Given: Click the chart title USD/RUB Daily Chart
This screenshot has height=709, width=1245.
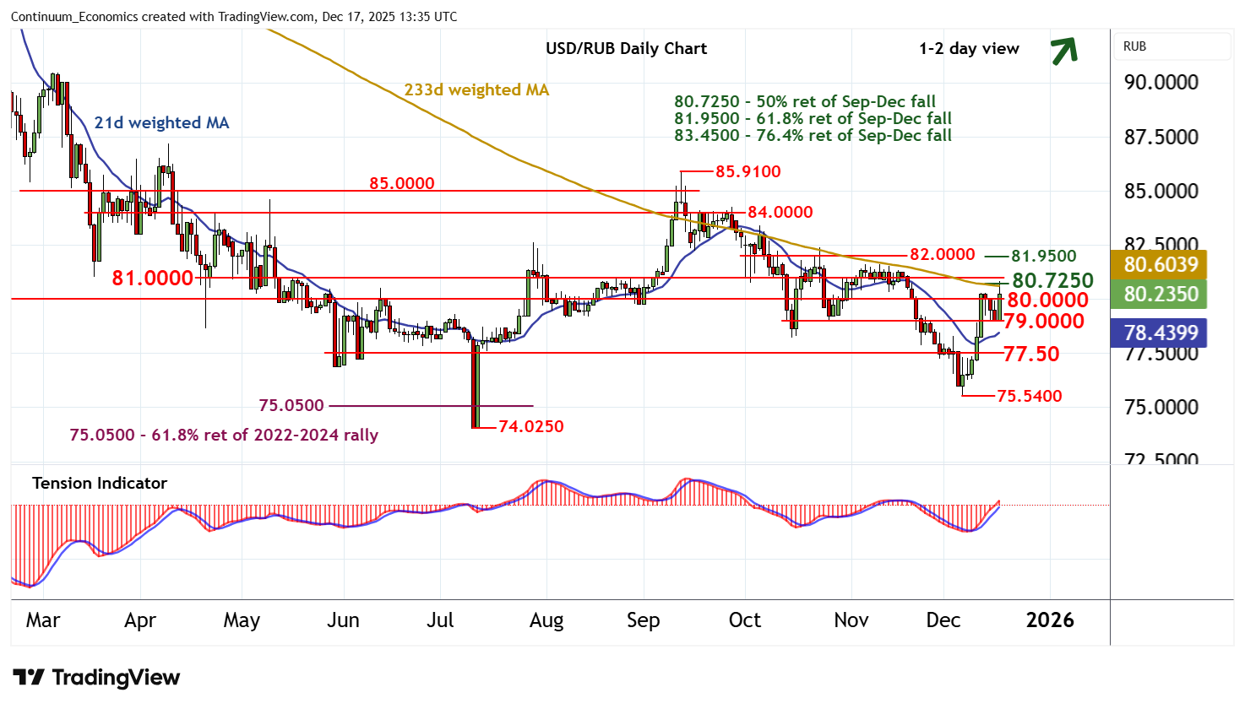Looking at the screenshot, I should coord(626,48).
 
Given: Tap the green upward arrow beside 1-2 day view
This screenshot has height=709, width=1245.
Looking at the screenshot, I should coord(1064,51).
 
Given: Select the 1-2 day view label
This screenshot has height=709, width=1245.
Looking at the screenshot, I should coord(969,48).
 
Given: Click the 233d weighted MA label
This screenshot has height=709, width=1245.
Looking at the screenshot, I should coord(476,89).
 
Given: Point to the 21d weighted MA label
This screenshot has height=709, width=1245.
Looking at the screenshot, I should coord(161,122).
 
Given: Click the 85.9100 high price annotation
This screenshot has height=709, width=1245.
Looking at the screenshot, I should coord(748,171).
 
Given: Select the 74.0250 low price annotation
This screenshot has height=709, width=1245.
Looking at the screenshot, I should coord(530,426).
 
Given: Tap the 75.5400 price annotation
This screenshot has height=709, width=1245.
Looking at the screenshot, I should coord(1029,396).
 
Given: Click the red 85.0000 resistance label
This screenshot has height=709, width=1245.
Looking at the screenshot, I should coord(401,183).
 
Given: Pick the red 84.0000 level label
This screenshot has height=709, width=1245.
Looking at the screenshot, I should coord(780,212).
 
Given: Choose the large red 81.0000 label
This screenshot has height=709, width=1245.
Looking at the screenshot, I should coord(153,278).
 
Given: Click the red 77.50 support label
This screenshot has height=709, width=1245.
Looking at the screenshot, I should coord(1031,354).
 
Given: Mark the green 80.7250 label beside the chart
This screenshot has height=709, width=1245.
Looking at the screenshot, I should coord(1052,279).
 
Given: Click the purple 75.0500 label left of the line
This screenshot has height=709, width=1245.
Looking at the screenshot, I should coord(291,405).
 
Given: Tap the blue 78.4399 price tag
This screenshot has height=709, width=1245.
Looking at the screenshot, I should coord(1161,333).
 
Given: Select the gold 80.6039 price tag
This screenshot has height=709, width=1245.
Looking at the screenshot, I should coord(1161,264).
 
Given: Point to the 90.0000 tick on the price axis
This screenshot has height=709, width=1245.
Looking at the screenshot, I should coord(1161,83).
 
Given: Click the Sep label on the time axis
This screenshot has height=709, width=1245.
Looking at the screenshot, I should coord(643,620).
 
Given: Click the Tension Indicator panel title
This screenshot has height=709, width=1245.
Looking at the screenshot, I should coord(100,483).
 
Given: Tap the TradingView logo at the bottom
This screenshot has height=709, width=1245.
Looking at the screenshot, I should coord(96,677).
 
